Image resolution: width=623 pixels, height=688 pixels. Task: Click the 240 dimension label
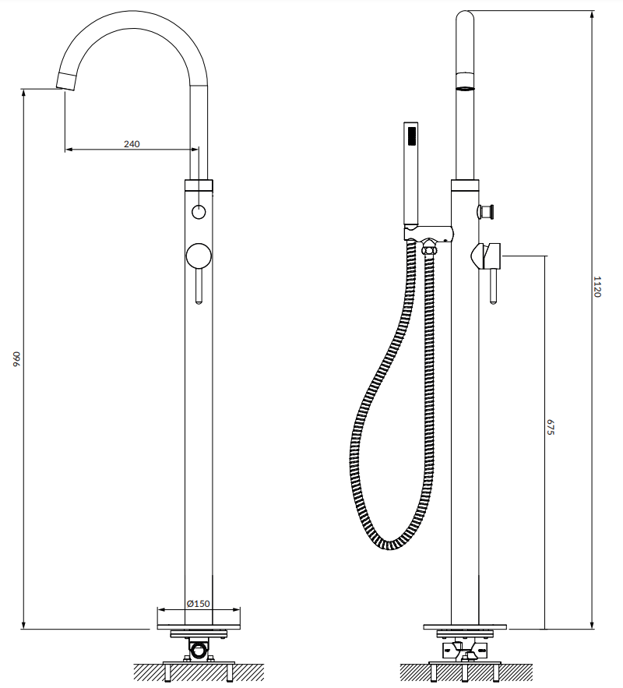[132, 144]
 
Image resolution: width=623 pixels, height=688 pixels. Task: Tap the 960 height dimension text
[16, 358]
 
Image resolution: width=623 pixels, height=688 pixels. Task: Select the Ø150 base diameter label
[198, 603]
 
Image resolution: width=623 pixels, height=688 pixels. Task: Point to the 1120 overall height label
[597, 287]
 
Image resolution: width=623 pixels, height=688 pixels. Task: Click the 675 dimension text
[551, 427]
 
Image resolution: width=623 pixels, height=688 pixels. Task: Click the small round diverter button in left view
[199, 212]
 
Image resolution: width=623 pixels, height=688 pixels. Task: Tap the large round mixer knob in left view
[199, 256]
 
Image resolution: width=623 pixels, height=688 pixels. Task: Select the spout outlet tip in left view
[67, 83]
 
